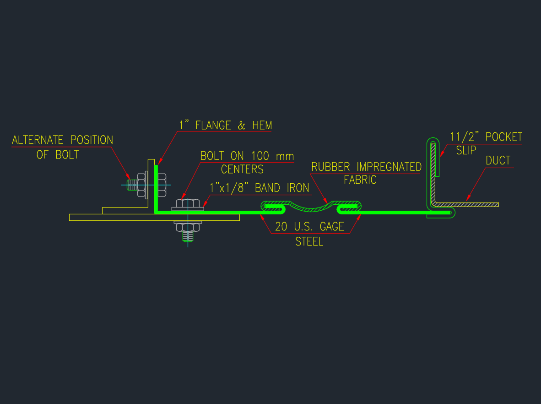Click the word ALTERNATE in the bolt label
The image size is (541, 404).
39,140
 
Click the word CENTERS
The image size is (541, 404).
242,169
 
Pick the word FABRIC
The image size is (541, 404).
360,180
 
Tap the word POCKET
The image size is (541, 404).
504,137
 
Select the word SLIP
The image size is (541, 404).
466,150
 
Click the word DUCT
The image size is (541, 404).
498,161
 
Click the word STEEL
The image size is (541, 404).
309,241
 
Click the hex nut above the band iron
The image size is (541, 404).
188,202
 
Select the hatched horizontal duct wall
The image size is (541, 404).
467,204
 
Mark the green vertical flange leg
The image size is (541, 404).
156,188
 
